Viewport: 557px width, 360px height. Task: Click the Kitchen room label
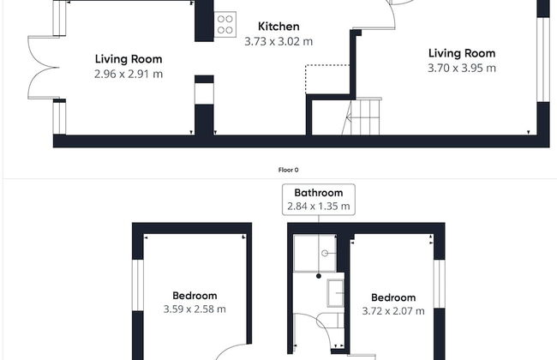coord(278,27)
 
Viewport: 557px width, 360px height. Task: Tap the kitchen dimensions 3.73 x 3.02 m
coord(278,41)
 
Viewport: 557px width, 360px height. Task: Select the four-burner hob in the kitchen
coord(225,25)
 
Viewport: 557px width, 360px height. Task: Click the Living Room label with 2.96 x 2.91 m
coord(129,59)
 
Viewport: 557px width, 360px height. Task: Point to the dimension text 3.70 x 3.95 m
coord(462,68)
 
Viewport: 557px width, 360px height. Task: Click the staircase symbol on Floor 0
coord(362,117)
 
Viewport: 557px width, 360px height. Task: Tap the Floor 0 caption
coord(289,170)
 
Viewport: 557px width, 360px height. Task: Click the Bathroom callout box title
coord(319,193)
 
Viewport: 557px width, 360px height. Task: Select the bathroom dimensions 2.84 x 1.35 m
coord(319,206)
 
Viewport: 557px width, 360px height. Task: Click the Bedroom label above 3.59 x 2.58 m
coord(195,296)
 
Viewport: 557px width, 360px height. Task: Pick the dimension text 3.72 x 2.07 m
coord(393,311)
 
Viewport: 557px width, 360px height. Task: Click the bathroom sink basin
coord(335,293)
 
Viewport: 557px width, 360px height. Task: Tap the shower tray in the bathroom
coord(315,253)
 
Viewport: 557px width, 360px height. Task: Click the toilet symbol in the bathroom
coord(331,321)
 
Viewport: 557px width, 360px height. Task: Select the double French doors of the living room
coord(44,67)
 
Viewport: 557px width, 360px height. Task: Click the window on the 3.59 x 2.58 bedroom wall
coord(137,285)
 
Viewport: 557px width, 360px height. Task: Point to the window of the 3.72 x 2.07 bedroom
coord(440,284)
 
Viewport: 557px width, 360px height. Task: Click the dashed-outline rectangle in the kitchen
coord(327,80)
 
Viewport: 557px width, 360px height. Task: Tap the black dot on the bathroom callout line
coord(319,276)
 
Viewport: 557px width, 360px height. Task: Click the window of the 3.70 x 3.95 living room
coord(543,60)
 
